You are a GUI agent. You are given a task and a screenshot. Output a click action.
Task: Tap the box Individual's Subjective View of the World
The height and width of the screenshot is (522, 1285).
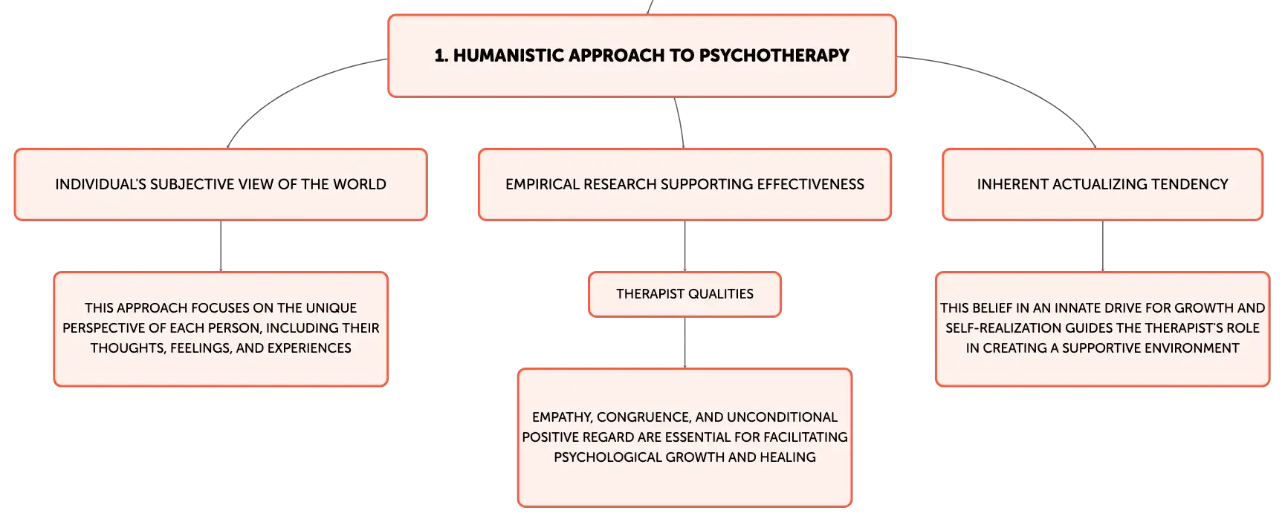coord(221,184)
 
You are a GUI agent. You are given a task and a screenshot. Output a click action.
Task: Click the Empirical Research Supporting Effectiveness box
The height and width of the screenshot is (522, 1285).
coord(684,184)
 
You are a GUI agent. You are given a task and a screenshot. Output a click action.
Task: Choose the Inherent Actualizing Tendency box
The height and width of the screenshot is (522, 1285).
coord(1102,184)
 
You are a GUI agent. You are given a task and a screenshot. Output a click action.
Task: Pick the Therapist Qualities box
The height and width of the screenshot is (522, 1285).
coord(684,294)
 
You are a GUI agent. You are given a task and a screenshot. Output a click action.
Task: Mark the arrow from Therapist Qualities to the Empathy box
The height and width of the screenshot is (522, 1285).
coord(684,342)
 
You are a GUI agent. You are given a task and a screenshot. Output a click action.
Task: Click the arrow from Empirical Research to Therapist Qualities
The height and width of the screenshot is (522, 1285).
coord(684,246)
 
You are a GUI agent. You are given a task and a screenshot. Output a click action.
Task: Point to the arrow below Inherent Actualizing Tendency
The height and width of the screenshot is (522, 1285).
coord(1102,246)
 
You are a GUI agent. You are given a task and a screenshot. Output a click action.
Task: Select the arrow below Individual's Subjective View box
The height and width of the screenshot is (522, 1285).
coord(221,246)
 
